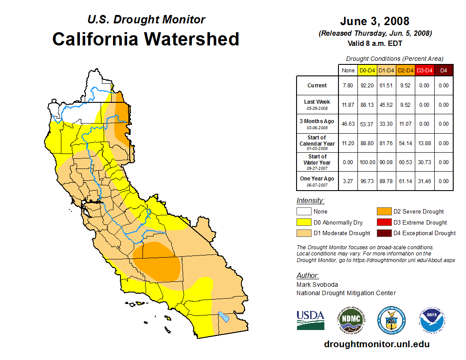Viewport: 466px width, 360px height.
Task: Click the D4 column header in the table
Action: pyautogui.click(x=443, y=71)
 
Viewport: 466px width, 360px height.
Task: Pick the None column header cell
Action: pyautogui.click(x=348, y=71)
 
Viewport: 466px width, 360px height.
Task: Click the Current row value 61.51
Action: pyautogui.click(x=387, y=86)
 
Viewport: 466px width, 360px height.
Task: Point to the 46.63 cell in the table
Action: pyautogui.click(x=348, y=124)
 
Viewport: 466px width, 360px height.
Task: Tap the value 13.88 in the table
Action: pyautogui.click(x=424, y=143)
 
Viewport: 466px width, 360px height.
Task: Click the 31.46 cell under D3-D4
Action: pyautogui.click(x=424, y=181)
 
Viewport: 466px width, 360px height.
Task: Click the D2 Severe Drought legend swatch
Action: pyautogui.click(x=383, y=212)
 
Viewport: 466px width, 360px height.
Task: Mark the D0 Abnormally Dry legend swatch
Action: pyautogui.click(x=303, y=222)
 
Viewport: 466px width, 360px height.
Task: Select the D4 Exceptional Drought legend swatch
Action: pyautogui.click(x=383, y=233)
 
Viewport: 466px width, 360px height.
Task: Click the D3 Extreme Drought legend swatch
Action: pyautogui.click(x=383, y=222)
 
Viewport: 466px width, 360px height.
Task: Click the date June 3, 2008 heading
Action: pyautogui.click(x=375, y=21)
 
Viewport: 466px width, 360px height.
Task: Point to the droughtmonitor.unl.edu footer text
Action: pyautogui.click(x=376, y=344)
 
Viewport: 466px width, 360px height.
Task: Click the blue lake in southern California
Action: pyautogui.click(x=224, y=317)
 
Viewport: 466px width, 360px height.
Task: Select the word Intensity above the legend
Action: pyautogui.click(x=310, y=201)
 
